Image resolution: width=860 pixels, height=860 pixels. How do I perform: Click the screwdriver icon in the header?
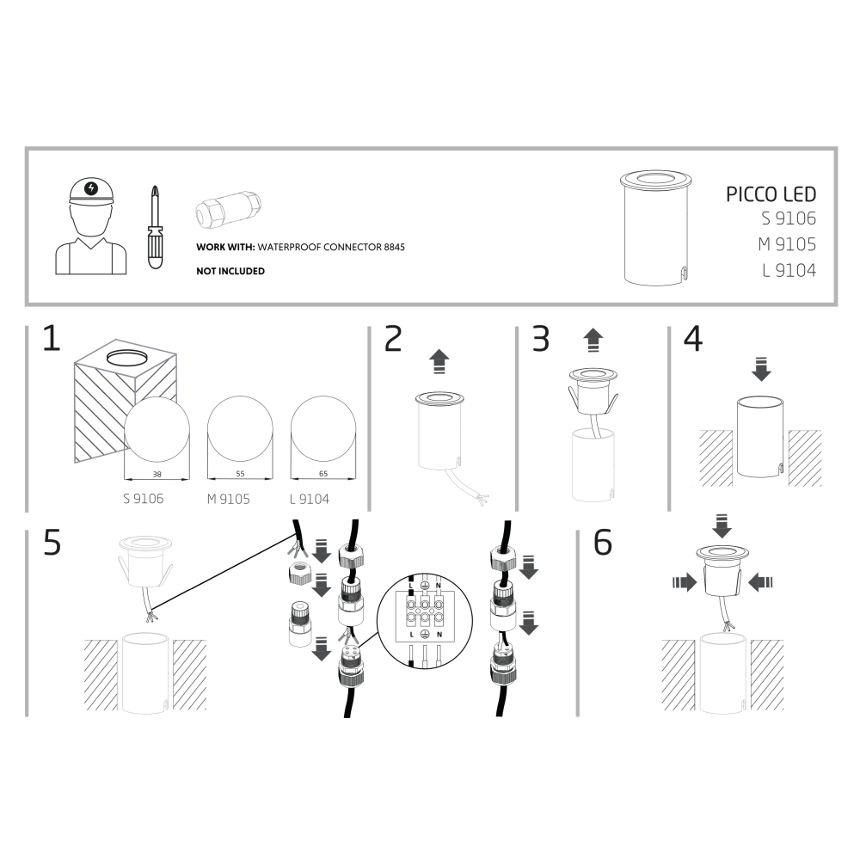[156, 227]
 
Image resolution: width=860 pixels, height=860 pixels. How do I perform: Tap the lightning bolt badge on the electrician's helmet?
[92, 188]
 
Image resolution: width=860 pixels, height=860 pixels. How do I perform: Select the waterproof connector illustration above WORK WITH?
[228, 209]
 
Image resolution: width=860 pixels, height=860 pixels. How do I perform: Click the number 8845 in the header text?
[395, 247]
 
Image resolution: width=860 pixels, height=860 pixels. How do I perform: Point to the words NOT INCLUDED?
[230, 271]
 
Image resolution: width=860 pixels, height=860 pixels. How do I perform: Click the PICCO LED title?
[771, 194]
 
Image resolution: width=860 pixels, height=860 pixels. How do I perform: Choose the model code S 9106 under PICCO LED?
[788, 218]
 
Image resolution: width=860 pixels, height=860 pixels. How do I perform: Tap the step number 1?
[52, 338]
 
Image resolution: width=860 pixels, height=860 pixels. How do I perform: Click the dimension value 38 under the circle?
[157, 474]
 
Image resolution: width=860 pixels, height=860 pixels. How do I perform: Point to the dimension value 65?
[323, 473]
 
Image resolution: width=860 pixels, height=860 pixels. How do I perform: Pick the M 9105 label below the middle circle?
[228, 499]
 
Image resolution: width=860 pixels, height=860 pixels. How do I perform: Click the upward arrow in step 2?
[439, 362]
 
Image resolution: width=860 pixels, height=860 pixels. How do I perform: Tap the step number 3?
[541, 339]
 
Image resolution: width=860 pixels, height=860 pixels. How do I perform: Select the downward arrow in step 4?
[761, 369]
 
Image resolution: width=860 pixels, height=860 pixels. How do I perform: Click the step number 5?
[52, 543]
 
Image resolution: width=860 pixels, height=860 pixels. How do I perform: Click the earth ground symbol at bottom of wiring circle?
[424, 634]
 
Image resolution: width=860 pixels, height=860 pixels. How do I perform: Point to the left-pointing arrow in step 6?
[761, 582]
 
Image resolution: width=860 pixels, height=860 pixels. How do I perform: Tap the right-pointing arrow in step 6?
[685, 582]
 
